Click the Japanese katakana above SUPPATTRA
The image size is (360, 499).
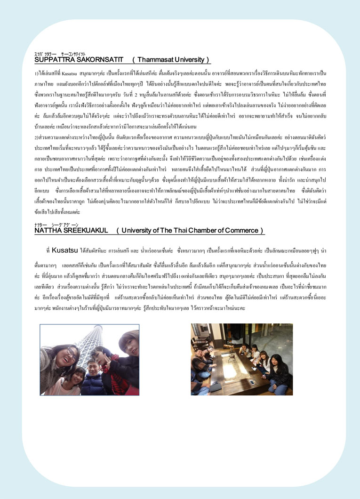click(46, 54)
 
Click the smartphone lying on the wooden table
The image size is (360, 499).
click(252, 381)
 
